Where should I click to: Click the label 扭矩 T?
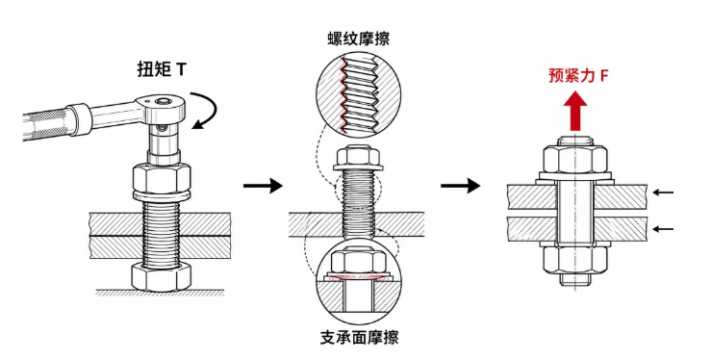(162, 68)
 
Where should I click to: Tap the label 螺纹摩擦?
(358, 39)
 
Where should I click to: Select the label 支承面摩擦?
(359, 337)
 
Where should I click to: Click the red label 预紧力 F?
(578, 75)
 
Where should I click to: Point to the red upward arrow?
(575, 111)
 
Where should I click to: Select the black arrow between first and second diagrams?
(263, 186)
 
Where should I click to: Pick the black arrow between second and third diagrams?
(460, 186)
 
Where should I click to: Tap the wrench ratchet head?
(162, 107)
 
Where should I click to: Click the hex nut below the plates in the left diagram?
(162, 276)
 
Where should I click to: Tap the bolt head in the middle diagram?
(357, 157)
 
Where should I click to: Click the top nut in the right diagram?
(575, 158)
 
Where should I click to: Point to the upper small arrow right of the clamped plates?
(663, 193)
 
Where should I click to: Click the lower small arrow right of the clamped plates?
(663, 229)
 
